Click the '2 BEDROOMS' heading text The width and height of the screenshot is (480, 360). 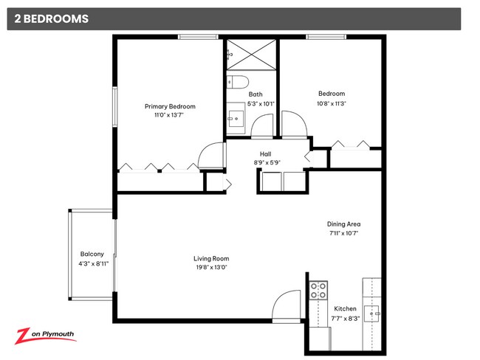[x=49, y=19]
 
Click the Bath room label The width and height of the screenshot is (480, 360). [x=255, y=94]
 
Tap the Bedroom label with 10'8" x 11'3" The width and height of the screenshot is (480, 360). [x=331, y=94]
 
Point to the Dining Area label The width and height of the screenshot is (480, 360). [x=343, y=224]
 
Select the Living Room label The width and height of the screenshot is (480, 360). [x=211, y=258]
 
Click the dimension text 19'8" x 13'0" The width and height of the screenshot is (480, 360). [x=211, y=267]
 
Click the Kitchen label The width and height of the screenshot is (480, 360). [x=345, y=308]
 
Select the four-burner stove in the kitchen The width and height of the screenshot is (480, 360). [x=318, y=290]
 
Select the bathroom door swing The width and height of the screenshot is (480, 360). [x=263, y=127]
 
